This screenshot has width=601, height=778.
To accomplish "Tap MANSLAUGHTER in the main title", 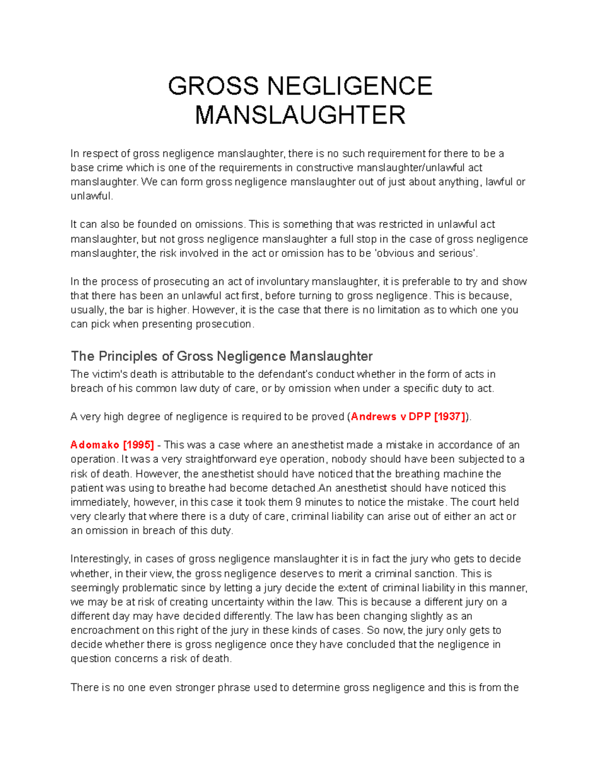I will (x=300, y=115).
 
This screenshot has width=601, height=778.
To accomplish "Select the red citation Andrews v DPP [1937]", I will (x=408, y=417).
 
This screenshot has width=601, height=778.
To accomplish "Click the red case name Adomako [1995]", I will (x=112, y=445).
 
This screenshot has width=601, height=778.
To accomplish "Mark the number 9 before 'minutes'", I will (x=298, y=502).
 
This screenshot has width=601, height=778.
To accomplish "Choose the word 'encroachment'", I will (x=105, y=630).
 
